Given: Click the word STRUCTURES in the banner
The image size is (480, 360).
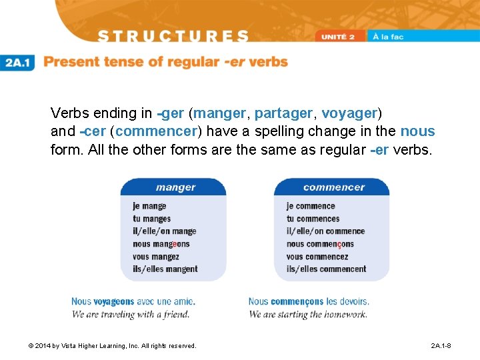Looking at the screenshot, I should tap(173, 36).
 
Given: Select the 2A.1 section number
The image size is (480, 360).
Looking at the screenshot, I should tap(19, 63).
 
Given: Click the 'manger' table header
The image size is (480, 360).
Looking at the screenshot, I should tap(175, 187).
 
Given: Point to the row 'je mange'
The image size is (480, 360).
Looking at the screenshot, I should tap(149, 206).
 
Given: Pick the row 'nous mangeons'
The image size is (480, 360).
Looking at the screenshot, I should tap(161, 244).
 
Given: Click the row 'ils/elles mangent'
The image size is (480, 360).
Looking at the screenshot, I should tap(165, 269).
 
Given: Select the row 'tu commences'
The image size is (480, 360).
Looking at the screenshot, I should tap(313, 219).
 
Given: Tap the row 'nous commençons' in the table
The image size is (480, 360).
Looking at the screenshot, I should tap(320, 244).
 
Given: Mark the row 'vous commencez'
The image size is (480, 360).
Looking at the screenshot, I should tap(317, 257).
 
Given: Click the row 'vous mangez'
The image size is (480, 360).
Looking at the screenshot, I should tap(155, 257).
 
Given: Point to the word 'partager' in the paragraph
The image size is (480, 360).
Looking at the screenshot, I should tap(283, 113).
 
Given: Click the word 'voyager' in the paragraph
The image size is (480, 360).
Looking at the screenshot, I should tap(349, 113).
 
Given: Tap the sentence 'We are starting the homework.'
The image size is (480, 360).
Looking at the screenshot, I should tap(308, 314).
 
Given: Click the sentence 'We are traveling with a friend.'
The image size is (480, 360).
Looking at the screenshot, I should tap(130, 314).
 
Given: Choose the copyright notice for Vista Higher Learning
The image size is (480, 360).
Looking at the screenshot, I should tap(112, 346).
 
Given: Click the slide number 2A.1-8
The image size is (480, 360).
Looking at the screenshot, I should tap(441, 346).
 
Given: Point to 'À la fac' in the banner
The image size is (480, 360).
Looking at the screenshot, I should tap(388, 36).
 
